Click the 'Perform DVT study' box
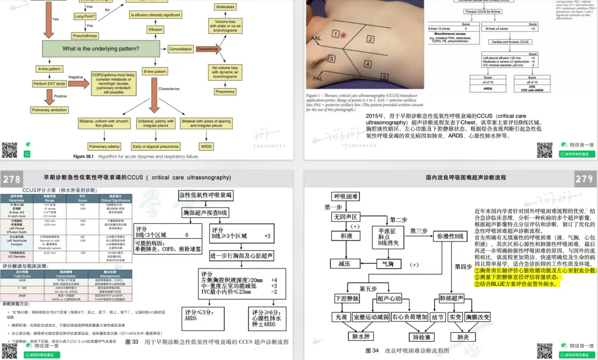pyautogui.click(x=49, y=84)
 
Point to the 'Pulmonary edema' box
pyautogui.click(x=105, y=147)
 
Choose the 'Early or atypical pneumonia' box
pyautogui.click(x=154, y=147)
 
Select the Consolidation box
pyautogui.click(x=181, y=49)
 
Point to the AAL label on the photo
pyautogui.click(x=316, y=38)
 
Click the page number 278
pyautogui.click(x=12, y=179)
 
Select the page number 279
pyautogui.click(x=584, y=179)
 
